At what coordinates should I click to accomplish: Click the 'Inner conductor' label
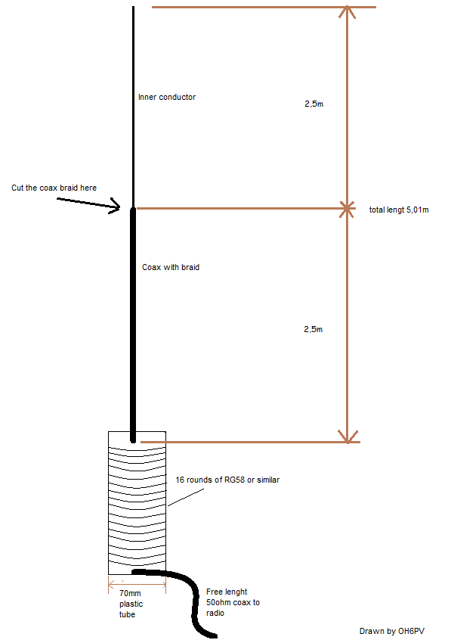click(167, 97)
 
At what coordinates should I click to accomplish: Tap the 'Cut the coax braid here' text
click(54, 188)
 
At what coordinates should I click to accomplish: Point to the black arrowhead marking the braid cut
click(115, 206)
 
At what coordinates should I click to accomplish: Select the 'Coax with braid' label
click(171, 267)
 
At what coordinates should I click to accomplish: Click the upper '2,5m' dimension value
click(314, 104)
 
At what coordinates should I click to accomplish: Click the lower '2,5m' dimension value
click(314, 329)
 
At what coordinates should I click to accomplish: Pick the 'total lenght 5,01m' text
click(399, 210)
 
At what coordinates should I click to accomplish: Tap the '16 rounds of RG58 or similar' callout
click(227, 480)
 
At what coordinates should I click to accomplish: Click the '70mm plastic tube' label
click(131, 604)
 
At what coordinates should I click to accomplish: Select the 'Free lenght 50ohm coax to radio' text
click(233, 602)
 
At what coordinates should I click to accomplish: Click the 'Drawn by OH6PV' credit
click(392, 631)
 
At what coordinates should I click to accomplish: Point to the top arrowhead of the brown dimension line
click(347, 11)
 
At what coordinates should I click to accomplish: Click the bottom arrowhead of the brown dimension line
click(348, 437)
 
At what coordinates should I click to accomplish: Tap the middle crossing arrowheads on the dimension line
click(347, 209)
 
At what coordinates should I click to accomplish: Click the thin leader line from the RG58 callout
click(186, 498)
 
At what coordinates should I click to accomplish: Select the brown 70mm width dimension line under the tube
click(137, 585)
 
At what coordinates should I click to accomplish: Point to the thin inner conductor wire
click(133, 107)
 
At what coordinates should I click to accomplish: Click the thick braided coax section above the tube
click(133, 325)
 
